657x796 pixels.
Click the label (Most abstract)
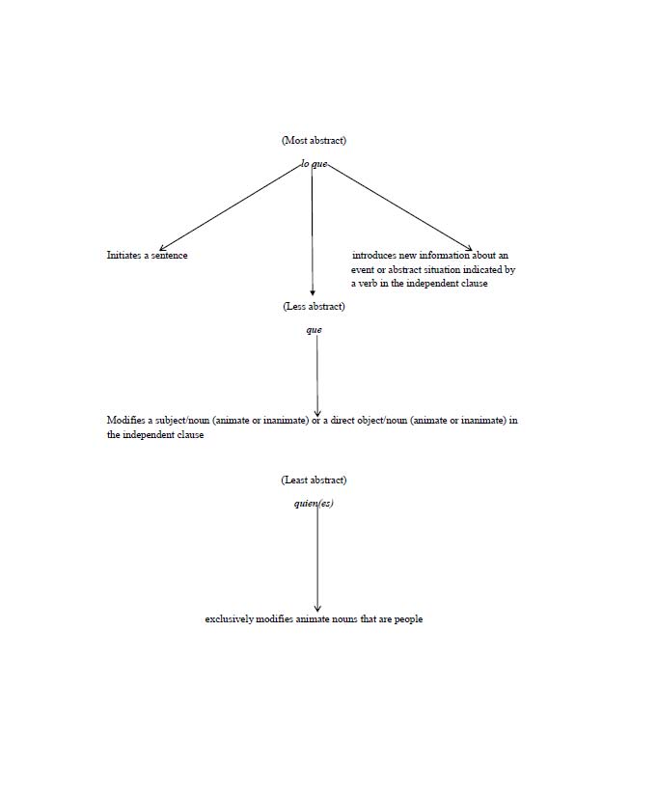click(x=314, y=141)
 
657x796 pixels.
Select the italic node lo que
click(x=314, y=165)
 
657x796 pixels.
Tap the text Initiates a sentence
click(x=147, y=256)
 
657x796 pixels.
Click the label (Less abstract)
click(x=314, y=307)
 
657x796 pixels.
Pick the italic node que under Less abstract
click(x=314, y=330)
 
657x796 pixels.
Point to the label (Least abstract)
click(x=314, y=480)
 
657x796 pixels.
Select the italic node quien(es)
click(x=314, y=504)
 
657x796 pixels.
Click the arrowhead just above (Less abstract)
click(x=312, y=292)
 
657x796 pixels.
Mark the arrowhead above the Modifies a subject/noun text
click(x=317, y=412)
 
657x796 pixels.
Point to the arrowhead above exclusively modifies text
click(x=317, y=608)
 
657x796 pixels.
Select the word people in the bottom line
click(x=408, y=619)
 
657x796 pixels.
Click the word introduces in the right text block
click(x=374, y=256)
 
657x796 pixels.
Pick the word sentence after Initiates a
click(x=170, y=256)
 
